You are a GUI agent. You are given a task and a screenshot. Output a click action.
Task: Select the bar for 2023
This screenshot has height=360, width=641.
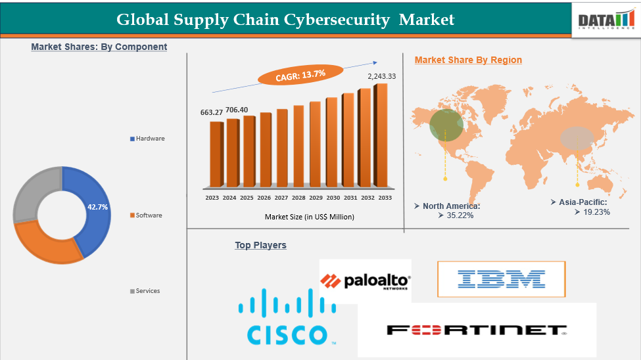point(216,154)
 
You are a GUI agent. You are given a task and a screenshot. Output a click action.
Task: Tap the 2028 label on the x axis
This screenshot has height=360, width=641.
point(298,198)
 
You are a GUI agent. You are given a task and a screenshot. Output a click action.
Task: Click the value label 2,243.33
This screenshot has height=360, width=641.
point(381,77)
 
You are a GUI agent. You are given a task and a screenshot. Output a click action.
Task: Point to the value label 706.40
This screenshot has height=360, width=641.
point(237,110)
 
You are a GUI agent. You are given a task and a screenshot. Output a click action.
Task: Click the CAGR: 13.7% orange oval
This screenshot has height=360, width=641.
point(300,75)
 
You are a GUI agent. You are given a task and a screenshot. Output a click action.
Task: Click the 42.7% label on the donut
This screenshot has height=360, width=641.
point(97,207)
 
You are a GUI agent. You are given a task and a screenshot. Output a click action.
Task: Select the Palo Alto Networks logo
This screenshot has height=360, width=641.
point(366,281)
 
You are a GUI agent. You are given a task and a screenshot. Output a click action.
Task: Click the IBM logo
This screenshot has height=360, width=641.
point(501,279)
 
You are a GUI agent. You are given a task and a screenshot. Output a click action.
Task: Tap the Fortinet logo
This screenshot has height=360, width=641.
point(476,330)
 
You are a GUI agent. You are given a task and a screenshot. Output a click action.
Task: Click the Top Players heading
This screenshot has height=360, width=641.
point(260,245)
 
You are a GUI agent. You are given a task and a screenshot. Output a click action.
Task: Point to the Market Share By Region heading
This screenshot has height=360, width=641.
point(468,60)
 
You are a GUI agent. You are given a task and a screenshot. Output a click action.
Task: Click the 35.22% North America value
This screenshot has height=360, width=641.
point(460,215)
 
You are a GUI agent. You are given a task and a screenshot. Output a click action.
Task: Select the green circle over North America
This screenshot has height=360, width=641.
point(446,124)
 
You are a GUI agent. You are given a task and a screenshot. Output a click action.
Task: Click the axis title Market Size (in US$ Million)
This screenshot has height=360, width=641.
point(309,217)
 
